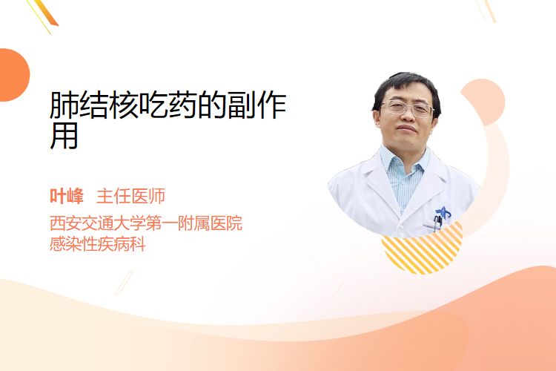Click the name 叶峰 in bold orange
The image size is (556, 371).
[x=66, y=196]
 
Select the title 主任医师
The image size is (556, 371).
[x=130, y=196]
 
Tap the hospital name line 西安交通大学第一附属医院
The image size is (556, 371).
[x=146, y=223]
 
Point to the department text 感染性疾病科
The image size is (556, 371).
[x=98, y=244]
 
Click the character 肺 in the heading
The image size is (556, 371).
[x=64, y=105]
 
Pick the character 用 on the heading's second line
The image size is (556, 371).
[x=64, y=136]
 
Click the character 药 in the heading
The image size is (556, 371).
[x=182, y=105]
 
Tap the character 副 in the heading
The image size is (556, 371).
[x=242, y=105]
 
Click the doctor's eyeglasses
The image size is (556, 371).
[x=407, y=108]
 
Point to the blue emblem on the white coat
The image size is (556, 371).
[x=443, y=212]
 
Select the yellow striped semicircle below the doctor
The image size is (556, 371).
[x=423, y=249]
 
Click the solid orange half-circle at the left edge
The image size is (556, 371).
[x=14, y=75]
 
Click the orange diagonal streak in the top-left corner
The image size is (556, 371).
[x=45, y=13]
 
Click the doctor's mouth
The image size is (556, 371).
[x=406, y=128]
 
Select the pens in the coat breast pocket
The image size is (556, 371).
[x=437, y=223]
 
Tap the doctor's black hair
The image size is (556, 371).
[x=406, y=87]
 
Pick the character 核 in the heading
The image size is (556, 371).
[x=123, y=105]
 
